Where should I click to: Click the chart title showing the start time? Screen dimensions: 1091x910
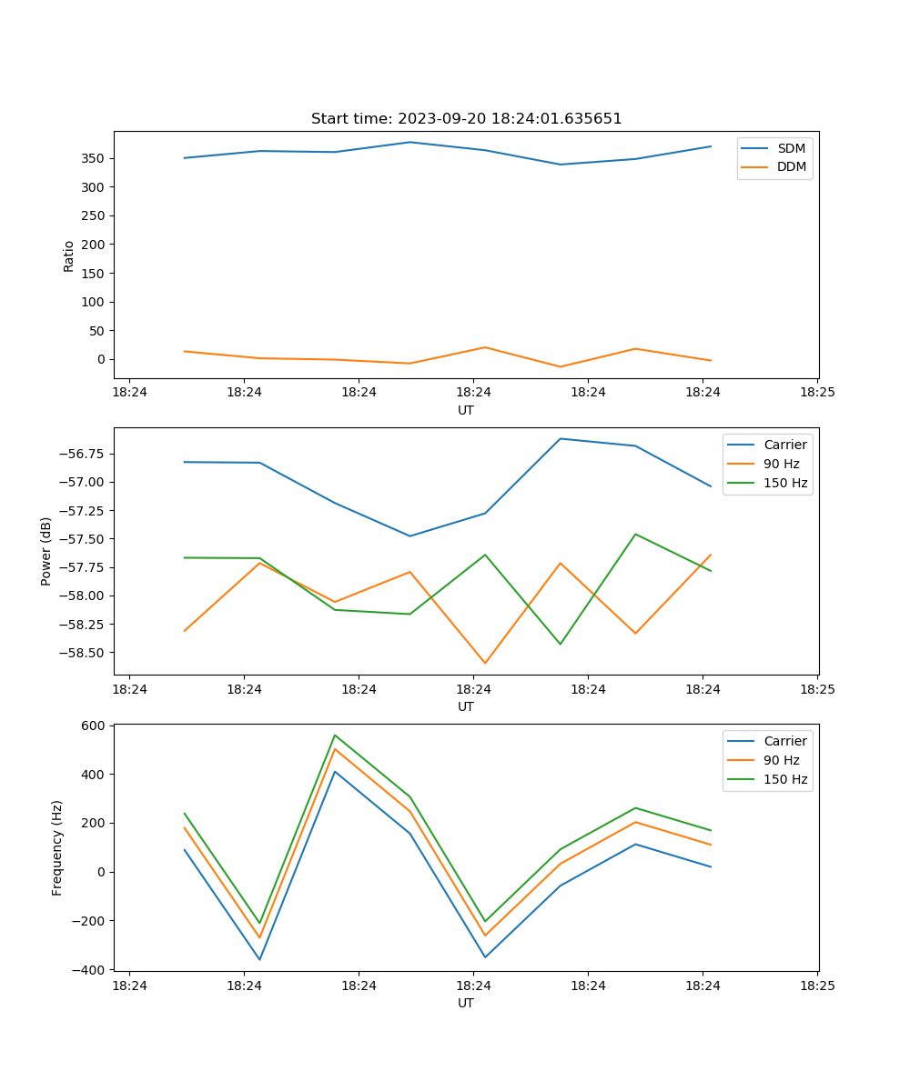(x=466, y=119)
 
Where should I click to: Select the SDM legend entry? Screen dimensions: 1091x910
(x=791, y=148)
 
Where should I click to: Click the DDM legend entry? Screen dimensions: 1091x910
(x=791, y=166)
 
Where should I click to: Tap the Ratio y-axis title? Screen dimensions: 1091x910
(x=69, y=255)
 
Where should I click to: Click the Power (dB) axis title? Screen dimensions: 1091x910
(x=46, y=551)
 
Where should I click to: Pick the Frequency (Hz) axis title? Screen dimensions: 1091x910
(x=57, y=847)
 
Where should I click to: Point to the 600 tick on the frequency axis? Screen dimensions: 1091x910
(x=95, y=726)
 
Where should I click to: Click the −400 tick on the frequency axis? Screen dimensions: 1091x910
(x=91, y=969)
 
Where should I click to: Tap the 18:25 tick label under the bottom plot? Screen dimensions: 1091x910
(x=817, y=986)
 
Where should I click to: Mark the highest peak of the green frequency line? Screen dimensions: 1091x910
(x=335, y=735)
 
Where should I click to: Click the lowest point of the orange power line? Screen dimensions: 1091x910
(x=485, y=664)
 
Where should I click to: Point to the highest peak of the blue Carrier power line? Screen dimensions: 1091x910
(x=561, y=438)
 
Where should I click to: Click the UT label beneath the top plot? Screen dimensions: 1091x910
(x=466, y=410)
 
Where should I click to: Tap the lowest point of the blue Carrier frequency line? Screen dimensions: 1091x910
(x=259, y=960)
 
